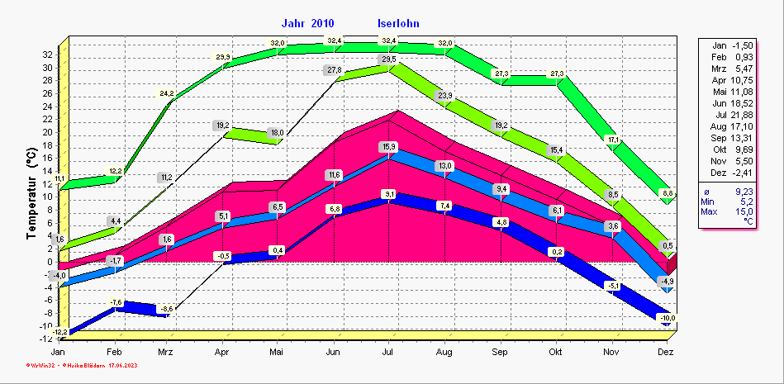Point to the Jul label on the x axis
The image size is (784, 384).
387,352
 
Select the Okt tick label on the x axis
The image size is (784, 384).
554,352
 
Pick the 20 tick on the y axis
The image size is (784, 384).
49,132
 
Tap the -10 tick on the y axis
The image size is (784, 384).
47,325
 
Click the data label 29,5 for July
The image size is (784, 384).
388,59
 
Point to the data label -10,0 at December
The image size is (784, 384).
667,319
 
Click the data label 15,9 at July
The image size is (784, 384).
388,147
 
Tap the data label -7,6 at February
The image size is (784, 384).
116,302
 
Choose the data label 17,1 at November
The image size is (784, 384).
612,140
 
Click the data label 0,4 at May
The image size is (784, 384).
278,250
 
